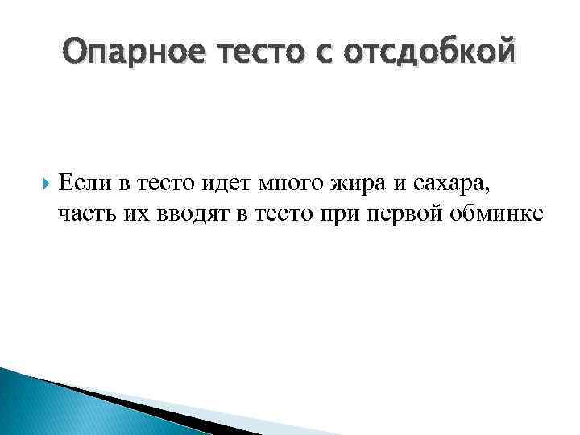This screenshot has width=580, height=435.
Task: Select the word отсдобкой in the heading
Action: (x=432, y=54)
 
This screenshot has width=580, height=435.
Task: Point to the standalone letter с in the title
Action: (x=318, y=54)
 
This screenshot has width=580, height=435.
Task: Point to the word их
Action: (x=129, y=213)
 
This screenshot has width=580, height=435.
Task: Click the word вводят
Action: (x=181, y=213)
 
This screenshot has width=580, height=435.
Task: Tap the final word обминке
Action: (x=491, y=213)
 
